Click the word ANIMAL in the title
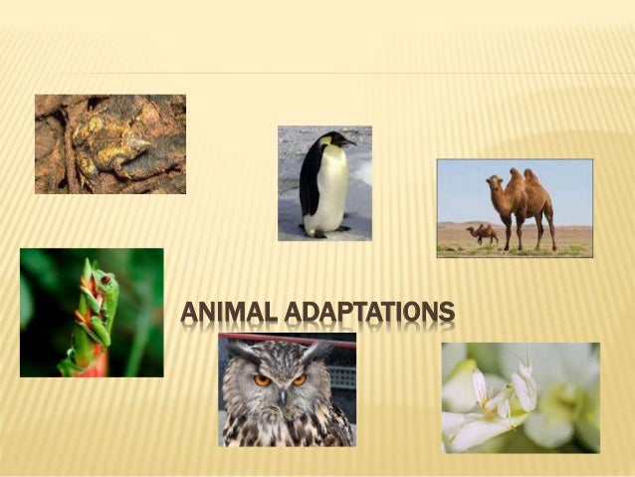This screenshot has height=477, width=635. [x=230, y=314]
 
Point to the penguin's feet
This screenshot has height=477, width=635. [x=320, y=232]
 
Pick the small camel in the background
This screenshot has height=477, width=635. [x=483, y=234]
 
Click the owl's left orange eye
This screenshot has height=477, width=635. [x=263, y=379]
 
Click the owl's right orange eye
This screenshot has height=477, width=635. [x=299, y=379]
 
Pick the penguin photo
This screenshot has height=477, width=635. [x=324, y=183]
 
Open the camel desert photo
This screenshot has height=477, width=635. [x=515, y=208]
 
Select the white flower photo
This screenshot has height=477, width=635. [x=521, y=397]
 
